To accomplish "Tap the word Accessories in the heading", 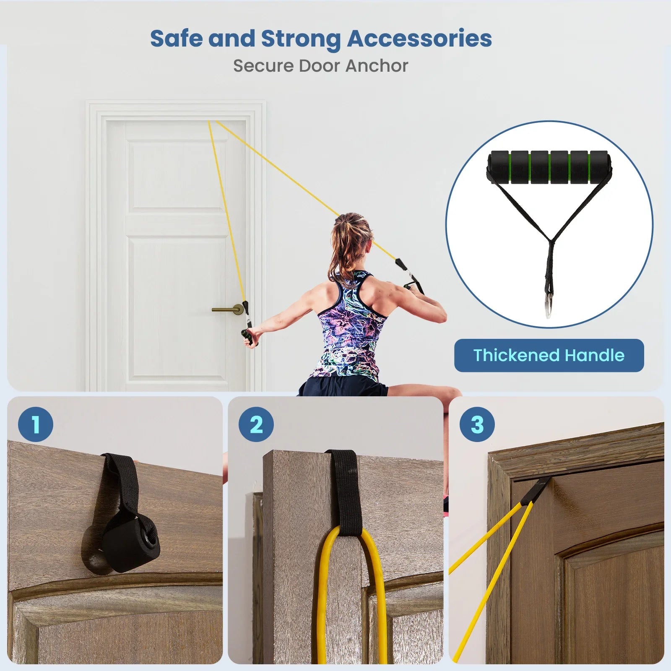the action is [x=419, y=39].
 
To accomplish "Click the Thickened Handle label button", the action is [x=549, y=355].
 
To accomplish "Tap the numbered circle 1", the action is [x=36, y=424].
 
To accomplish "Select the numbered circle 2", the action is [x=256, y=424].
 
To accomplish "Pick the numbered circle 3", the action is [x=477, y=424].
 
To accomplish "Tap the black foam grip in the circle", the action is [x=549, y=167].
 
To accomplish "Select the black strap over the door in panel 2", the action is [x=344, y=493].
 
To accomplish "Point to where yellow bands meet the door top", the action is [x=212, y=122].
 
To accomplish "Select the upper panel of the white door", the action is [x=176, y=175].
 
